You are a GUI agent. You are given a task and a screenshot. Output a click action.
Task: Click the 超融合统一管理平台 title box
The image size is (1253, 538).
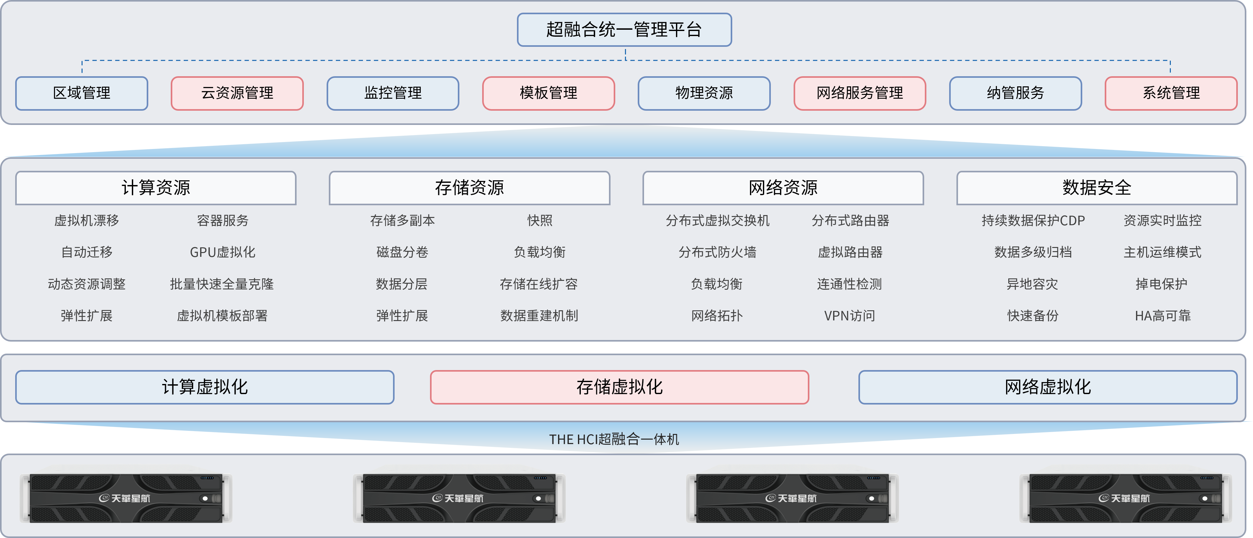click(624, 30)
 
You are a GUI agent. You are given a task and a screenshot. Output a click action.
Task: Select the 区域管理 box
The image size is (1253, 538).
click(82, 93)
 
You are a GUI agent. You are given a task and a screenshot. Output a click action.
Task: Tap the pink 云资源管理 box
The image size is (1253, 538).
click(237, 93)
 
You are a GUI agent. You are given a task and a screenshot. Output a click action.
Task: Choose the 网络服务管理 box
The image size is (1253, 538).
click(859, 93)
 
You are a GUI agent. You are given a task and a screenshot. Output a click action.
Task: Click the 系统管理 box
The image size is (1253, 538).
click(1171, 93)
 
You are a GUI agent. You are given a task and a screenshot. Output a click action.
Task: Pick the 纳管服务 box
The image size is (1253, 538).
click(1015, 93)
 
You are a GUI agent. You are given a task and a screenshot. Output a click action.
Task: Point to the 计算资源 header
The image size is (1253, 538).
click(156, 188)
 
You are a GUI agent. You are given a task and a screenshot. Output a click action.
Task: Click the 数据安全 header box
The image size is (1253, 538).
click(1096, 188)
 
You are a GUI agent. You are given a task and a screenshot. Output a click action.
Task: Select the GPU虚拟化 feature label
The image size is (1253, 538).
click(222, 252)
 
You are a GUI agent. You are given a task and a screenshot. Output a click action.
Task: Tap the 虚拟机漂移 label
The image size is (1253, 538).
click(87, 220)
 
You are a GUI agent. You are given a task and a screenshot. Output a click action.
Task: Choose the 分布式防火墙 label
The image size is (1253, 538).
click(717, 252)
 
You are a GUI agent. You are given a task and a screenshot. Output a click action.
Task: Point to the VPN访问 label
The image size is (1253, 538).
click(849, 316)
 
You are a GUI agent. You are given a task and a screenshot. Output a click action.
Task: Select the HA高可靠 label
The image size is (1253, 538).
click(1163, 316)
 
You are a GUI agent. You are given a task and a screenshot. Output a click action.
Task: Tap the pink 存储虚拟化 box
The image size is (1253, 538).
click(619, 387)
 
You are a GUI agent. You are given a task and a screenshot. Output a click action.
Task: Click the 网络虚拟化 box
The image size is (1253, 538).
click(1048, 387)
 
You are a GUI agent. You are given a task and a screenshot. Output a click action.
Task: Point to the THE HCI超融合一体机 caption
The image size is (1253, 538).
click(614, 439)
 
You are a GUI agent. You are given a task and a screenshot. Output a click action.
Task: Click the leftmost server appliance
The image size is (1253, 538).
click(126, 498)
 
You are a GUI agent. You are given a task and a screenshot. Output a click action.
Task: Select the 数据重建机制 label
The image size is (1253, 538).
click(539, 316)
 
